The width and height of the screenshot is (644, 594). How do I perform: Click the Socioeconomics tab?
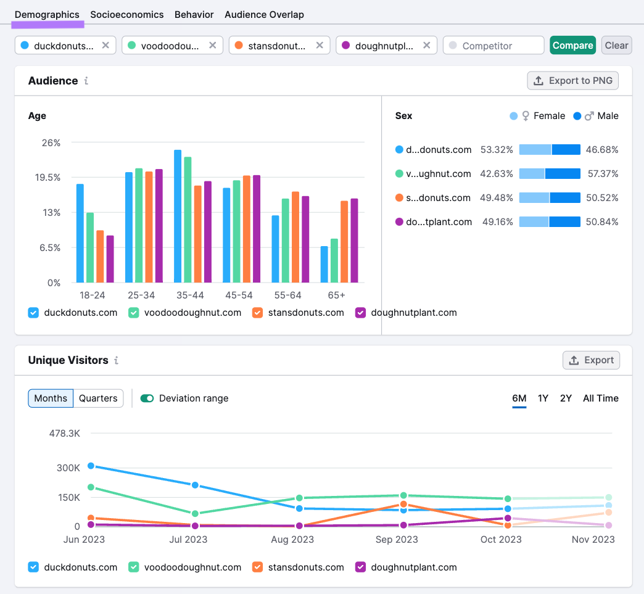[x=127, y=14]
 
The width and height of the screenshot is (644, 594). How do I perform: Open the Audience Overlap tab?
[x=264, y=14]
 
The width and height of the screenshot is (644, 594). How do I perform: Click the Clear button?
[x=616, y=45]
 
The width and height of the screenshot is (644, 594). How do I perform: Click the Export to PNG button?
[x=573, y=80]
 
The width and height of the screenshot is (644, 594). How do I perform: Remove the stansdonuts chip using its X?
[x=320, y=45]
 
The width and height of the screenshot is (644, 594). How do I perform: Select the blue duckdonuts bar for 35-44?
[x=178, y=216]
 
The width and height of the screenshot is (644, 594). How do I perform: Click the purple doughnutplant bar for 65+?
[x=355, y=241]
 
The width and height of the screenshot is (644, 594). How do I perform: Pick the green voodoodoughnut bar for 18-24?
[x=90, y=247]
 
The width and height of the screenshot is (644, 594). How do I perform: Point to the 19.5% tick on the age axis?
[x=47, y=178]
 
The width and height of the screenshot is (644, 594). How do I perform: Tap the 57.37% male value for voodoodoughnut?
[x=603, y=174]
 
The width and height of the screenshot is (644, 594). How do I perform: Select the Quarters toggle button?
[x=98, y=398]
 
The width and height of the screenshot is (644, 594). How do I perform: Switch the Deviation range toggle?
[x=147, y=398]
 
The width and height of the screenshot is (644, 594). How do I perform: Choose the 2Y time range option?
[x=566, y=398]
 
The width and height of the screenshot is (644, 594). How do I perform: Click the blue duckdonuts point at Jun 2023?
[x=91, y=466]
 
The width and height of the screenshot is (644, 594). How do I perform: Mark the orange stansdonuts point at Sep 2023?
[x=403, y=505]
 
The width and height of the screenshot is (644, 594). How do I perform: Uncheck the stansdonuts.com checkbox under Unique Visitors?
[x=257, y=567]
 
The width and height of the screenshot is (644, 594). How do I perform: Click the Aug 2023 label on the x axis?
[x=292, y=539]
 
